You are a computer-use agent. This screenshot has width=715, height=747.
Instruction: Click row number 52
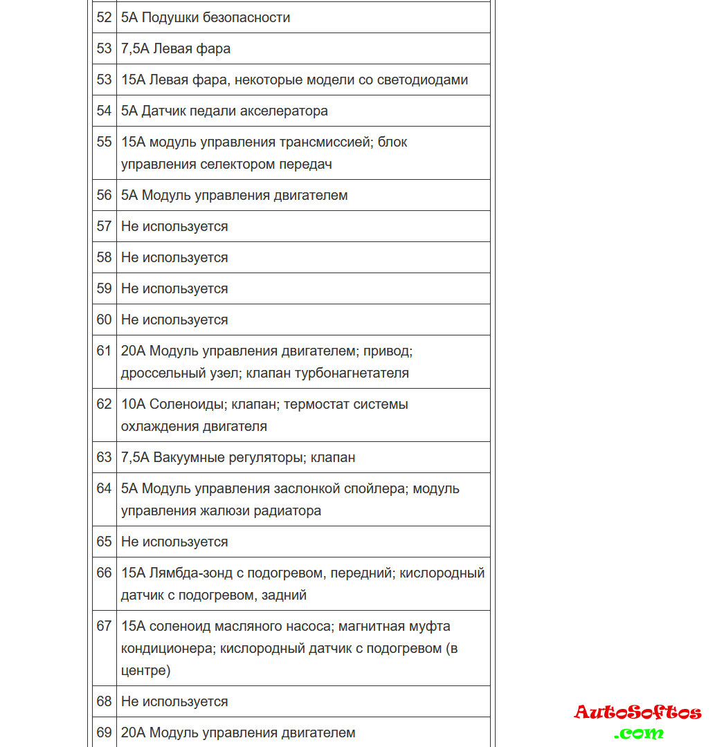(x=104, y=18)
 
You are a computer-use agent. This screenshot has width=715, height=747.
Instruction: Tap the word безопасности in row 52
(x=246, y=18)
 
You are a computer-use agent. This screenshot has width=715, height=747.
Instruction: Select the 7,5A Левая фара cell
(x=176, y=49)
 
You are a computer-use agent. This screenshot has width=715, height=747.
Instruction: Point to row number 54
(x=104, y=111)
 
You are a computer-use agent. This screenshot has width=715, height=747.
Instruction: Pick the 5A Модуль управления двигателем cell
(x=234, y=196)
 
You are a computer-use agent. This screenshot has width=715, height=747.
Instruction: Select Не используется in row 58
(x=174, y=258)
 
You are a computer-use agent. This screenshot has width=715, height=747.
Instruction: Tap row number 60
(x=104, y=320)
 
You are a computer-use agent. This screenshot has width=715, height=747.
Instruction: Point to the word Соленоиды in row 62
(x=186, y=405)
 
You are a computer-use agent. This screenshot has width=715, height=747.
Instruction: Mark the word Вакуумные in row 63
(x=185, y=458)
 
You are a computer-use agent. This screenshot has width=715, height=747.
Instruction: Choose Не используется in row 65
(x=174, y=542)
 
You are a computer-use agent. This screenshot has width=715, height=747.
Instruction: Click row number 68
(x=104, y=702)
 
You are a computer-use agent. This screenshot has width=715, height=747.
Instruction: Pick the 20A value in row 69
(x=133, y=733)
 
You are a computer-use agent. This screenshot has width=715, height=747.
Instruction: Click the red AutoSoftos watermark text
(x=637, y=712)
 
